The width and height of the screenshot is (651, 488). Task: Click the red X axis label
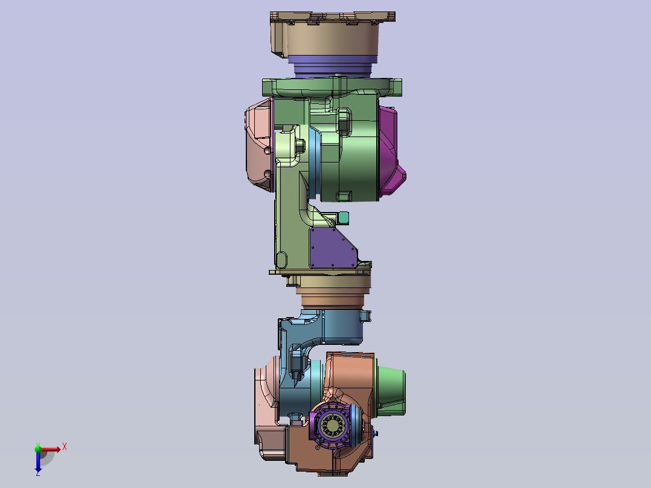point(65,447)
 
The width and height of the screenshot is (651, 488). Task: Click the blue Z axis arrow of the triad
point(38,462)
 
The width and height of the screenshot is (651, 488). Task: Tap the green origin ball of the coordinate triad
point(38,449)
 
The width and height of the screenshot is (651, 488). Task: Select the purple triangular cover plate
point(332,248)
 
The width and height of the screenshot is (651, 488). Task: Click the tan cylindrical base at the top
point(332,35)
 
